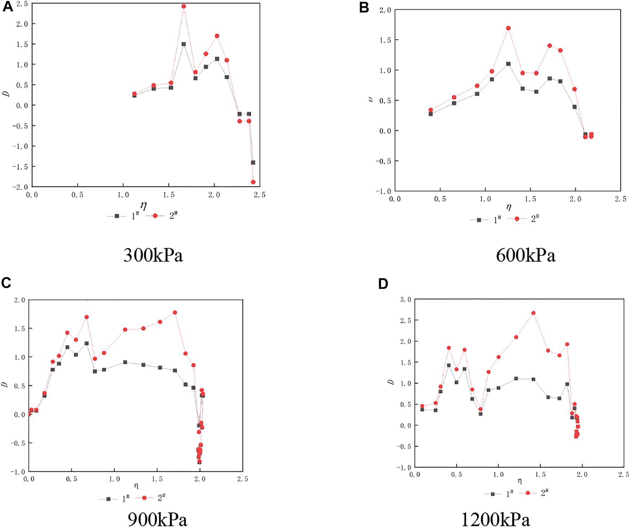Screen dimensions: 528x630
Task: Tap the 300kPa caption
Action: coord(153,255)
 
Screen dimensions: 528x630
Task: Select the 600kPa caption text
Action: coord(525,255)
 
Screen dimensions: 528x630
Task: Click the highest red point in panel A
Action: coord(183,6)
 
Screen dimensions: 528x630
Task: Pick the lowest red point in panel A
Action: coord(253,182)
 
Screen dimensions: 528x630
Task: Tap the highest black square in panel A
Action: coord(183,44)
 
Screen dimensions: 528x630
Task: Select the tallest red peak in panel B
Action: coord(508,28)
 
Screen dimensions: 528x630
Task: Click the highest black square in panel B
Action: coord(508,64)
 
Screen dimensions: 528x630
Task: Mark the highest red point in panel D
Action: coord(533,313)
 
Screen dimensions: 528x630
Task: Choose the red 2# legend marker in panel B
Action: coord(517,219)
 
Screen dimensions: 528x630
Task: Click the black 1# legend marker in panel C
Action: coord(108,499)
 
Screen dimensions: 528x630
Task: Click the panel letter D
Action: coord(383,284)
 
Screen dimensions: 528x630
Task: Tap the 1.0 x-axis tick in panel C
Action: coord(114,479)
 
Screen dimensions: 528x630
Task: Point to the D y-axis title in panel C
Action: coord(5,385)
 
